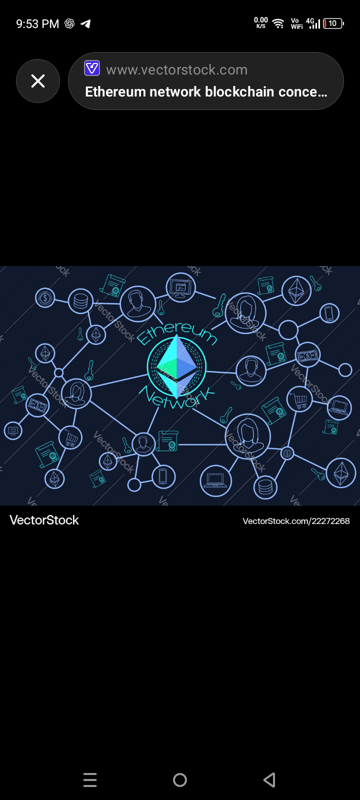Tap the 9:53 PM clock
pos(37,24)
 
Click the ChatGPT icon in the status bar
pos(69,23)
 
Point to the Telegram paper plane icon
pos(86,23)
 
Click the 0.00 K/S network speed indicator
pos(261,22)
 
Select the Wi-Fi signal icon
pos(278,23)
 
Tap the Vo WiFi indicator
pos(296,23)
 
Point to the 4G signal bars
pos(313,23)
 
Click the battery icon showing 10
pos(333,23)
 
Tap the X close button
pos(38,81)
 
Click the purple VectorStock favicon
pos(92,68)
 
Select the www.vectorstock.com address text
pos(176,70)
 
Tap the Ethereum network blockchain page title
pos(206,92)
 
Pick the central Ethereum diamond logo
pos(176,366)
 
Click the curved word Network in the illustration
pos(176,398)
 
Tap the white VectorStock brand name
pos(44,520)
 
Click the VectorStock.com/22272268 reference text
pos(296,521)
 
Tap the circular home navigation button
pos(180,780)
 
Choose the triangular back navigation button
pos(269,780)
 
